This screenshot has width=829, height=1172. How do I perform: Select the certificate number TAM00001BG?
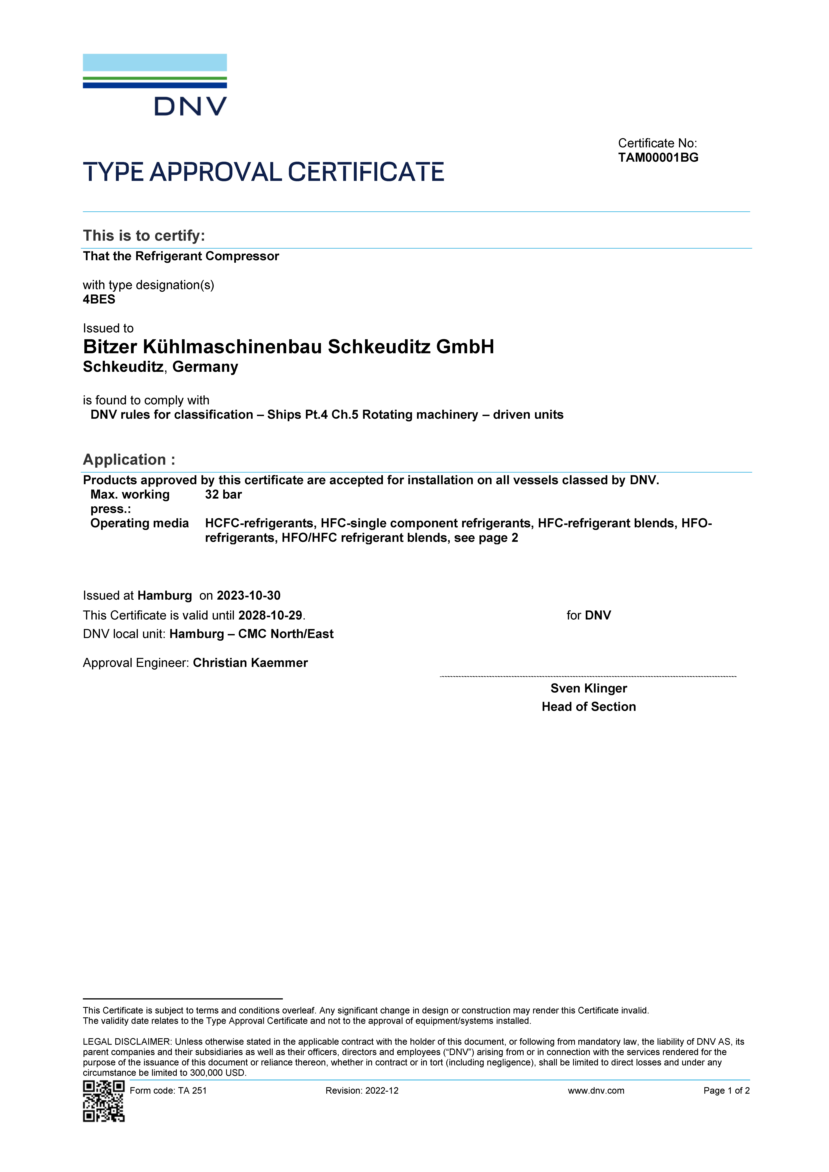(658, 158)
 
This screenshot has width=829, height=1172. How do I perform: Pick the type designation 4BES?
(99, 300)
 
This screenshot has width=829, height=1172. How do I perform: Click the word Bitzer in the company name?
(110, 347)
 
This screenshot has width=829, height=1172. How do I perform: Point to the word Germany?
(205, 367)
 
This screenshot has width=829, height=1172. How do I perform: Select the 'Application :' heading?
(129, 460)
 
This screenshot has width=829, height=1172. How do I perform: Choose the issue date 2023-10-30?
(249, 596)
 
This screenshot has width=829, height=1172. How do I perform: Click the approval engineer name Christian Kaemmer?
(250, 663)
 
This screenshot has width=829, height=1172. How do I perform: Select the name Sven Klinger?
(589, 689)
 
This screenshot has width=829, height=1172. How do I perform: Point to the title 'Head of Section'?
(589, 707)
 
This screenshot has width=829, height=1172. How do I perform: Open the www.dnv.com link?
(596, 1091)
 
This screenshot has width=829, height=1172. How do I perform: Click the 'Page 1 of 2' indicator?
(726, 1091)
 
